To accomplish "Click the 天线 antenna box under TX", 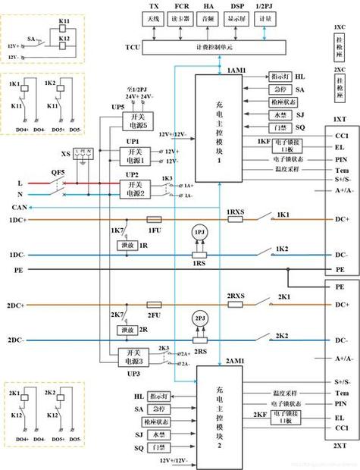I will click(x=155, y=19).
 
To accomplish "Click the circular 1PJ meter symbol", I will click(x=200, y=231).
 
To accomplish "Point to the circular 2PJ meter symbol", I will click(x=200, y=318).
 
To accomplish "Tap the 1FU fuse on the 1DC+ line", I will click(x=152, y=220).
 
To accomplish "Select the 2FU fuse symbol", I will click(x=152, y=305).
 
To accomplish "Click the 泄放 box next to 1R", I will click(x=125, y=246).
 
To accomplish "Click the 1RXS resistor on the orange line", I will click(x=235, y=220).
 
